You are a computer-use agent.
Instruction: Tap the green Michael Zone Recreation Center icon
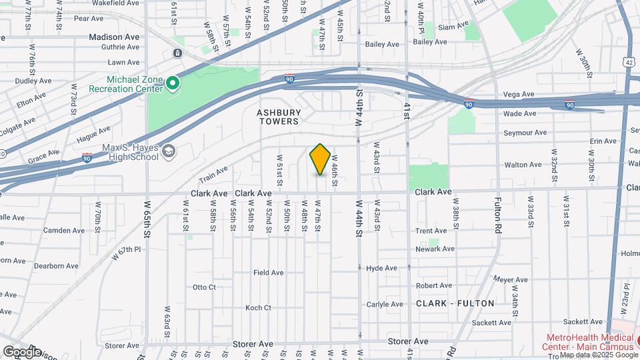[173, 83]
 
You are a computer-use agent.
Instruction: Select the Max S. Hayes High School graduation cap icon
[169, 152]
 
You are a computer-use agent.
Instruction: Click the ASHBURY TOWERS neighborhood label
[278, 117]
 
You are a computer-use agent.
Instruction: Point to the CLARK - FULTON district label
[455, 303]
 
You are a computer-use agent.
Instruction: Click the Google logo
[22, 351]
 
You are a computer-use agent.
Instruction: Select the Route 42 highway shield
[629, 61]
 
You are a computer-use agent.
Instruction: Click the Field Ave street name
[268, 273]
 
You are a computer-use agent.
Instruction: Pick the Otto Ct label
[204, 287]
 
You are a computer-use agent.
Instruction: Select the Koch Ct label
[258, 308]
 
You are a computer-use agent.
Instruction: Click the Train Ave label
[213, 175]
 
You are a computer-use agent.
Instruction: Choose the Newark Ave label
[435, 249]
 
